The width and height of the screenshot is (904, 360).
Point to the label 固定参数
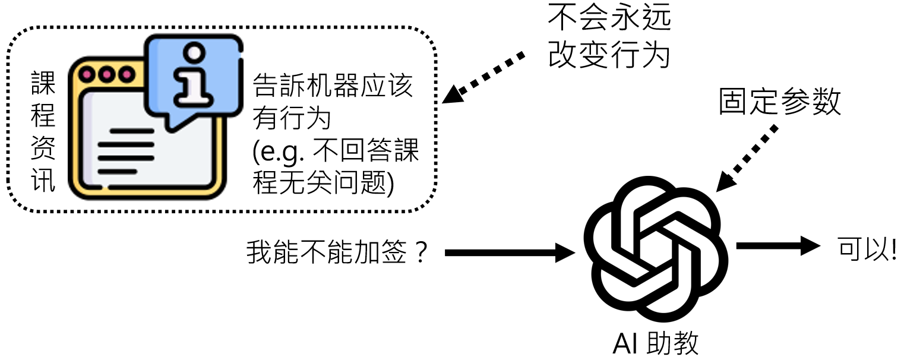780,102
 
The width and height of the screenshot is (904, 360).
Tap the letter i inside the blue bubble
193,74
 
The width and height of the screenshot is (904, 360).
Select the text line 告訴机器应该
333,87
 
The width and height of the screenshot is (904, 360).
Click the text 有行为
292,119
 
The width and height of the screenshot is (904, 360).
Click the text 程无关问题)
323,184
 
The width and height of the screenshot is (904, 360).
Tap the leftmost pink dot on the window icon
89,75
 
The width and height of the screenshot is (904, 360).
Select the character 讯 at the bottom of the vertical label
43,181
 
